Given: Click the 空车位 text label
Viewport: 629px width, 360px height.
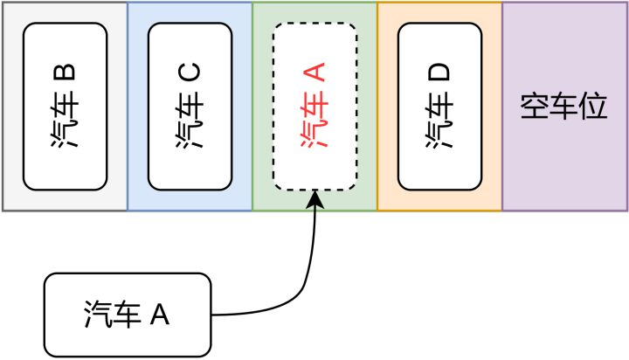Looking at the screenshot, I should pos(563,106).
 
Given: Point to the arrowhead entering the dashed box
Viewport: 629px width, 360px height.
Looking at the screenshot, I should pos(315,200).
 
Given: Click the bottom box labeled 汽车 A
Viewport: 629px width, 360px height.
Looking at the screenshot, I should pos(128,315).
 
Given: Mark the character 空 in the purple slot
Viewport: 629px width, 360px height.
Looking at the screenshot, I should pos(533,106).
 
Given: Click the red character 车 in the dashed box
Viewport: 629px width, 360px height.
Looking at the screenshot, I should pos(315,107).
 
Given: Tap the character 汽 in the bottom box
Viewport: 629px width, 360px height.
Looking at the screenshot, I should pos(97,315).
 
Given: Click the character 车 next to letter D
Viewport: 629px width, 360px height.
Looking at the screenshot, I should pos(440,107).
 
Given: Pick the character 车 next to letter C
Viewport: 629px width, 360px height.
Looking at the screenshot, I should pos(190,107).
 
